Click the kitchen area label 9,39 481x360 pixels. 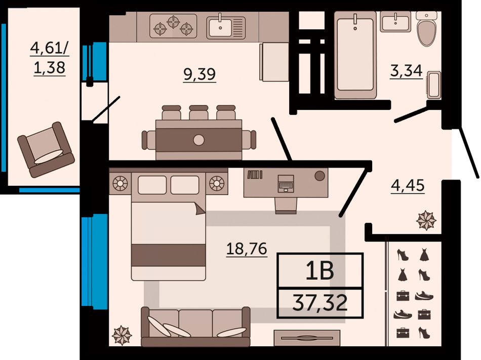pyautogui.click(x=199, y=74)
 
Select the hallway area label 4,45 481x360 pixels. pyautogui.click(x=408, y=185)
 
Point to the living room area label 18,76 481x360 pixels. pyautogui.click(x=247, y=249)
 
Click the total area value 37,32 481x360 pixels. pyautogui.click(x=320, y=302)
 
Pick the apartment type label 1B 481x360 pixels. pyautogui.click(x=319, y=271)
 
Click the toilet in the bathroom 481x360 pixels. pyautogui.click(x=427, y=29)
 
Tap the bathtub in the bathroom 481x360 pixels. pyautogui.click(x=355, y=55)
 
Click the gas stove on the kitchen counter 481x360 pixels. pyautogui.click(x=173, y=26)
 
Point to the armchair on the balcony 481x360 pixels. pyautogui.click(x=46, y=150)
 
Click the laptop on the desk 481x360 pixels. pyautogui.click(x=286, y=183)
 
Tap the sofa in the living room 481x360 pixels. pyautogui.click(x=195, y=327)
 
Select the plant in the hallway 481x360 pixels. pyautogui.click(x=426, y=220)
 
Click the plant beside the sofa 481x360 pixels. pyautogui.click(x=122, y=335)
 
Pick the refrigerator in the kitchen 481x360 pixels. pyautogui.click(x=274, y=62)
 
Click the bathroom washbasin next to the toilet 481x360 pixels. pyautogui.click(x=395, y=22)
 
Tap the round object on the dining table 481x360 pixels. pyautogui.click(x=199, y=140)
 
